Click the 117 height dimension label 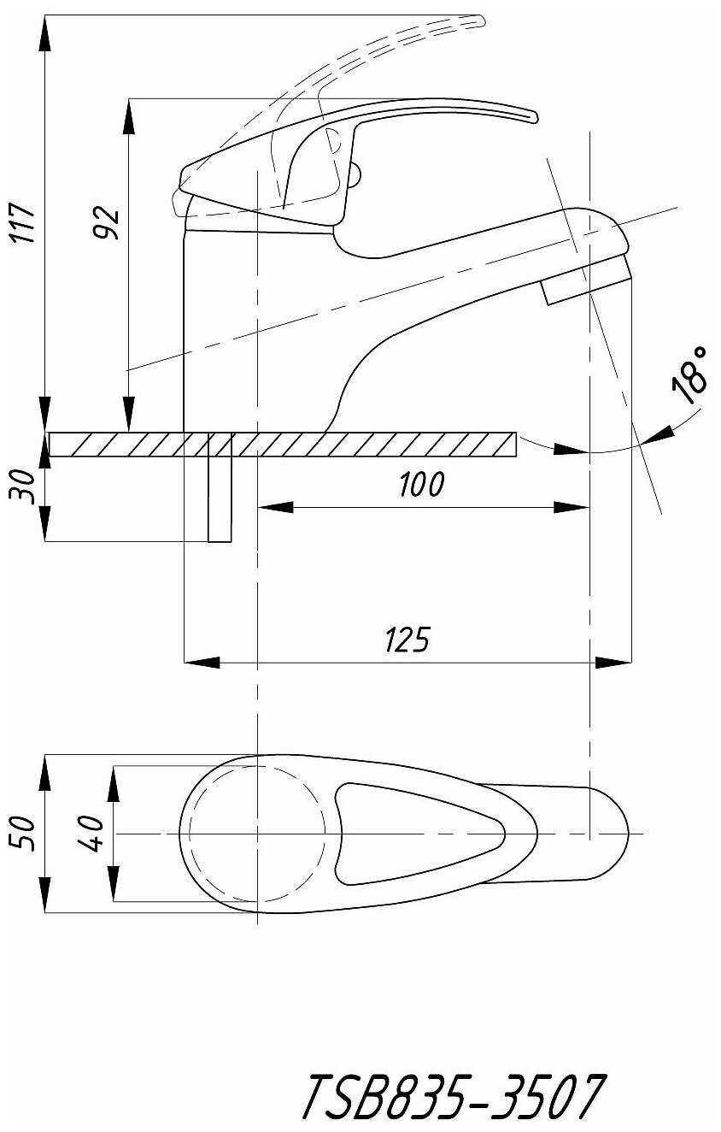(x=24, y=223)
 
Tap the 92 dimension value (x=107, y=222)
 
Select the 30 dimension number (x=22, y=486)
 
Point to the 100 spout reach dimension (x=422, y=484)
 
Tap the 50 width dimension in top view (x=23, y=834)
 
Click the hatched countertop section (x=283, y=445)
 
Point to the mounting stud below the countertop (x=220, y=499)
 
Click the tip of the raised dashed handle (x=484, y=21)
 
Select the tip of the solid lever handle (x=536, y=118)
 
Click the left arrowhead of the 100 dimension (x=275, y=507)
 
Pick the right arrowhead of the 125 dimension (x=614, y=662)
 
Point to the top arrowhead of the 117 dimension (x=45, y=33)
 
